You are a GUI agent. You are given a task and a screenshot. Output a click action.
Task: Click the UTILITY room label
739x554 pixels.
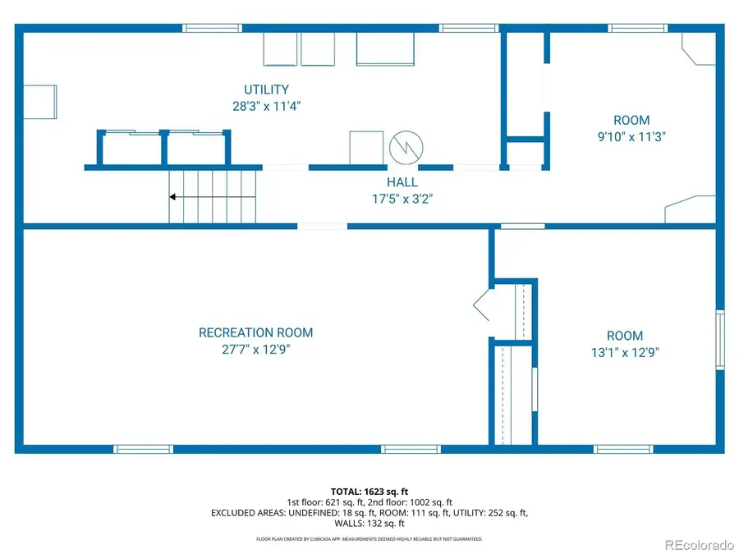click(x=265, y=89)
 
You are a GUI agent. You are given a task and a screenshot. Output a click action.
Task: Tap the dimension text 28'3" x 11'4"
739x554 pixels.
click(x=265, y=106)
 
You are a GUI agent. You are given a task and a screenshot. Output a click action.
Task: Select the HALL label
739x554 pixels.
click(x=402, y=182)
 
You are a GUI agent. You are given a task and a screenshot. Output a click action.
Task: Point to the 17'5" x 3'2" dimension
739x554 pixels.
click(x=402, y=198)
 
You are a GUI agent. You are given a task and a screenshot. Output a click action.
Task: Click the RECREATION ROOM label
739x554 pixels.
click(x=255, y=332)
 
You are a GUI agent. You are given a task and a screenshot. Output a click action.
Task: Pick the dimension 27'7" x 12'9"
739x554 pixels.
click(x=255, y=349)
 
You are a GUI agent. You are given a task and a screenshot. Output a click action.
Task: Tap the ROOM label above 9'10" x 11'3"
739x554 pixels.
click(x=631, y=121)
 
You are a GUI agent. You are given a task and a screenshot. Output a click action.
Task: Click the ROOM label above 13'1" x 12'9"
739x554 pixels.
click(x=624, y=336)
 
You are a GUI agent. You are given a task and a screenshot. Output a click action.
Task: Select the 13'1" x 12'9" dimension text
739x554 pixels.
click(x=624, y=352)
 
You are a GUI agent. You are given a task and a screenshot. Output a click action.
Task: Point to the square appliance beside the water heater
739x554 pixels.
click(x=366, y=148)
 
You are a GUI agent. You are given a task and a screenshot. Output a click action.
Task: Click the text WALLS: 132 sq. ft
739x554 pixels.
click(x=369, y=523)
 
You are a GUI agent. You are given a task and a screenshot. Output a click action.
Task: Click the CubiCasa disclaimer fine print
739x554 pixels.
click(x=369, y=539)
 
